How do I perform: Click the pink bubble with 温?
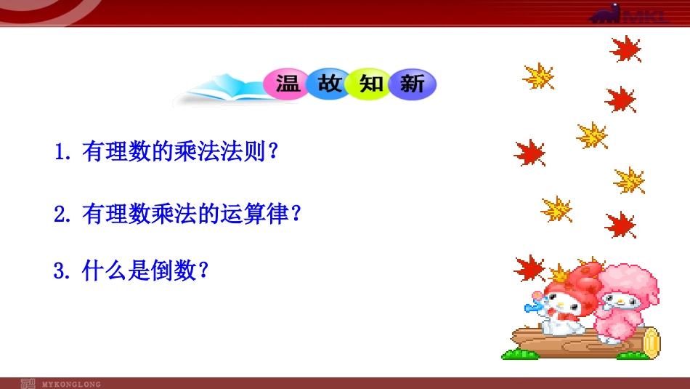tap(287, 84)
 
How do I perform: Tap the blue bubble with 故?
tap(329, 84)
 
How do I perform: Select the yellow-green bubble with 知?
tap(371, 84)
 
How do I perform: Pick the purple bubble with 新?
tap(413, 85)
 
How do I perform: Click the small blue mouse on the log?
tap(536, 306)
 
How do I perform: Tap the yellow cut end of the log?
tap(651, 342)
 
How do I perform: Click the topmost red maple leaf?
tap(625, 49)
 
